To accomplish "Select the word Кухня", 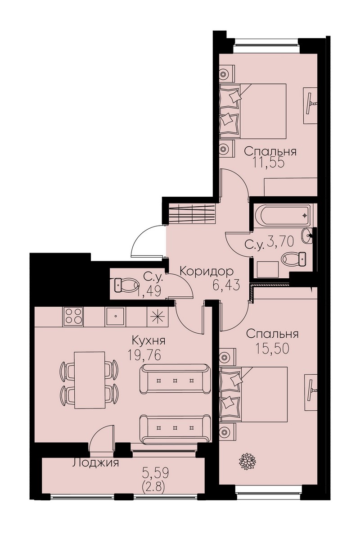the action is (148, 341).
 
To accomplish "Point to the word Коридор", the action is (206, 272).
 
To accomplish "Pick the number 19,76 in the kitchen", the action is (145, 355).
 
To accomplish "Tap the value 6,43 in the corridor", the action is (226, 285).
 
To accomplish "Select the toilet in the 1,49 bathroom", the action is (126, 286).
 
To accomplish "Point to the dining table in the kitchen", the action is (90, 380).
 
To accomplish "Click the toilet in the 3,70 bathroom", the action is (293, 259).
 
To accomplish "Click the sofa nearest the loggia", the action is (175, 428).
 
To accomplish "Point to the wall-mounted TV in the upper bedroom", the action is (310, 104).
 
